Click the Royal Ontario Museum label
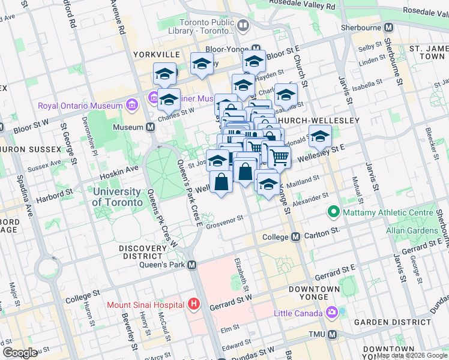[80, 106]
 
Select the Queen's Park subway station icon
[192, 265]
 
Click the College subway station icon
[295, 237]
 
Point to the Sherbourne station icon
[389, 28]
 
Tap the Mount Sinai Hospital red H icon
[193, 304]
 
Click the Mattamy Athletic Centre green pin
[332, 212]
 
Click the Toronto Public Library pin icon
[243, 26]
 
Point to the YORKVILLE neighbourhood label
[140, 55]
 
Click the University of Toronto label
[118, 197]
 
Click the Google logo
[20, 353]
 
